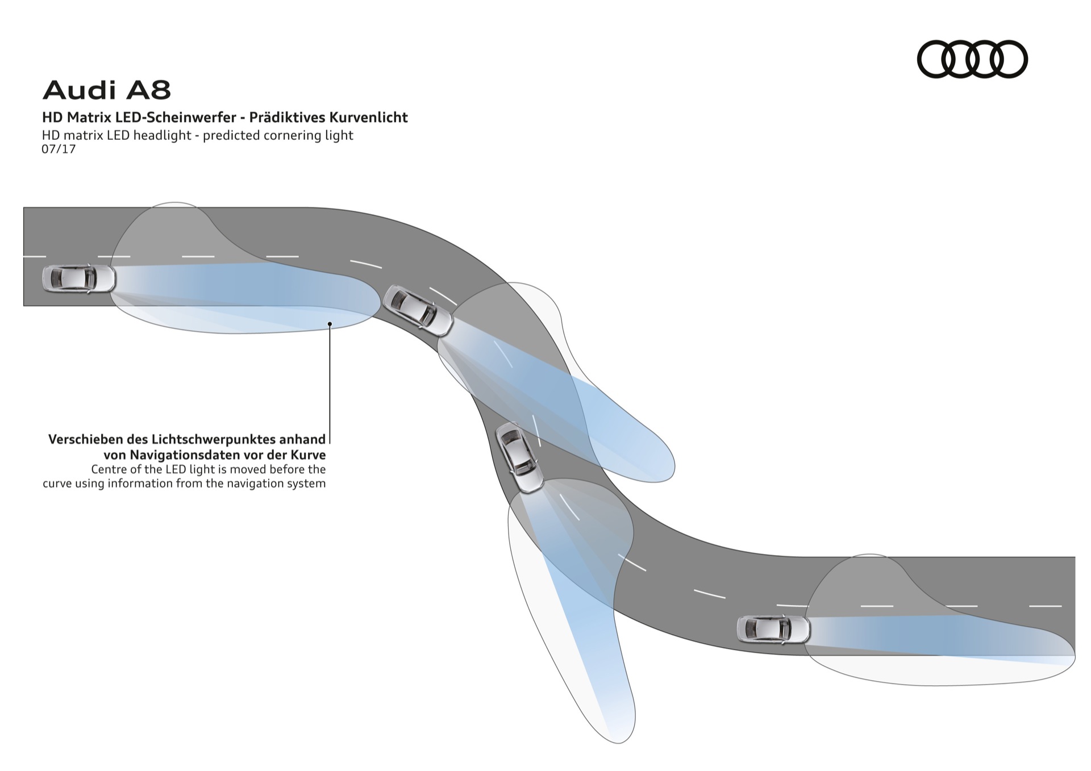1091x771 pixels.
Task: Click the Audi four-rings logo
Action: coord(972,59)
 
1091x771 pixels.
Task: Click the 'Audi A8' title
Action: coord(107,90)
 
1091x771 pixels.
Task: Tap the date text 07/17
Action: coord(59,149)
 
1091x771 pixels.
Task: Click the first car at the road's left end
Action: coord(79,278)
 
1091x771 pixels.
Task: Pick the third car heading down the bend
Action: coord(519,457)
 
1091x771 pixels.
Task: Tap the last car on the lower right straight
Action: coord(773,629)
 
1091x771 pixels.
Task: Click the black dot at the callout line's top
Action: coord(330,324)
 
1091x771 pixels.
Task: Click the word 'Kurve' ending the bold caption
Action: coord(310,455)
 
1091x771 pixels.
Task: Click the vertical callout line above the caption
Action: coord(330,386)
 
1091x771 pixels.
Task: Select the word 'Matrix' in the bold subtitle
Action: coord(85,118)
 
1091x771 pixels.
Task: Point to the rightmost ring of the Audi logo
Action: coord(1009,59)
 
